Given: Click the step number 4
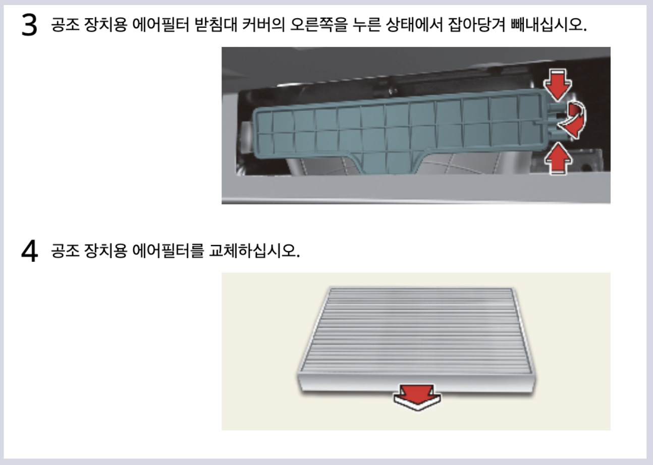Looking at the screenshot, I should [x=29, y=251].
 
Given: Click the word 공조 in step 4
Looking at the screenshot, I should [x=65, y=250].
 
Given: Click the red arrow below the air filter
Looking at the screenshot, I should [x=417, y=396].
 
